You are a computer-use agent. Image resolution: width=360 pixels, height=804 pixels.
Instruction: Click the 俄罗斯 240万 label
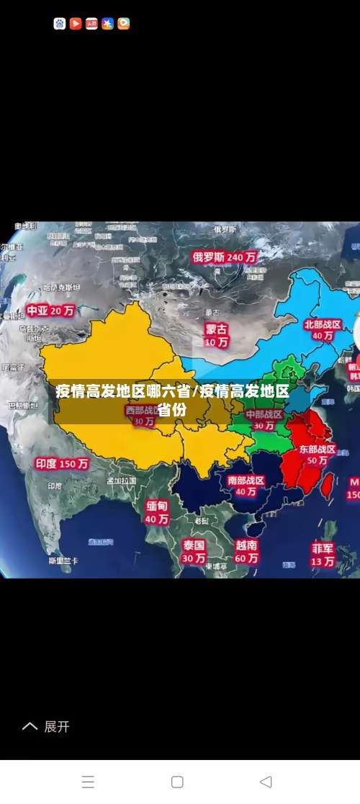pos(224,256)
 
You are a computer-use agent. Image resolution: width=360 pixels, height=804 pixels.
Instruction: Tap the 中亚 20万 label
pos(50,311)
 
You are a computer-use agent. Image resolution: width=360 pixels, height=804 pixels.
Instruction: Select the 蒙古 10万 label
pos(216,335)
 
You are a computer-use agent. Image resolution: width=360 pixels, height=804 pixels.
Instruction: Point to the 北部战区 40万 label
pos(323,330)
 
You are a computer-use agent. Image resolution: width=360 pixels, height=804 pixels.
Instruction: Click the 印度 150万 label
pos(63,464)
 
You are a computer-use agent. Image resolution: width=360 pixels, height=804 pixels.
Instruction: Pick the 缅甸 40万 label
pos(157,512)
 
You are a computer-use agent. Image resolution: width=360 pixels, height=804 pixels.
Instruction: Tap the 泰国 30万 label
pos(193,551)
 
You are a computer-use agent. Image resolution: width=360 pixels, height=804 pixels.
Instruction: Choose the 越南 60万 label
pos(246,551)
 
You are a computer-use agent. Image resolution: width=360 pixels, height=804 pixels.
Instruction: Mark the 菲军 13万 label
pos(323,554)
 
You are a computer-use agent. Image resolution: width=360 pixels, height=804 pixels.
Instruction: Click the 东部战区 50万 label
pos(318,455)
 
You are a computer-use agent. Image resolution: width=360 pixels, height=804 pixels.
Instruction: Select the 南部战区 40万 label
pos(246,486)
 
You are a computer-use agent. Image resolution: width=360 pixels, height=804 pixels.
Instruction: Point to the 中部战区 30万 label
pos(264,420)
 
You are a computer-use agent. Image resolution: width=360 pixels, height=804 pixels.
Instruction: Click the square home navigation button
pos(177,782)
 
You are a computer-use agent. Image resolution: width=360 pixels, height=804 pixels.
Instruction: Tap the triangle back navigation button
pos(266,782)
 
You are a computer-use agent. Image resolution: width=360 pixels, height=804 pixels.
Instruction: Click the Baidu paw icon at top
pos(60,24)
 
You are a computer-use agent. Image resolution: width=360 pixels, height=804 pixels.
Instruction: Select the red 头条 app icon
pos(91,24)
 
